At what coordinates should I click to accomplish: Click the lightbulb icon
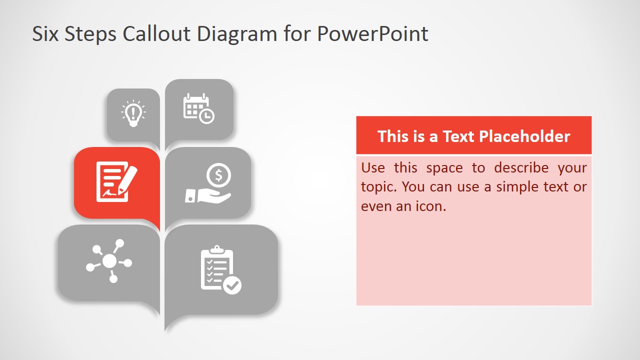[133, 113]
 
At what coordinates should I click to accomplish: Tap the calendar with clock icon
[198, 108]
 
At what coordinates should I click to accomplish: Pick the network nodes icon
[109, 261]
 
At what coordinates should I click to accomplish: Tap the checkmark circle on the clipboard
[232, 285]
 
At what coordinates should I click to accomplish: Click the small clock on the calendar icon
[206, 116]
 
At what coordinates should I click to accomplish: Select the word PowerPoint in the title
[372, 34]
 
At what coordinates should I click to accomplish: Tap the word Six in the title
[45, 34]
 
